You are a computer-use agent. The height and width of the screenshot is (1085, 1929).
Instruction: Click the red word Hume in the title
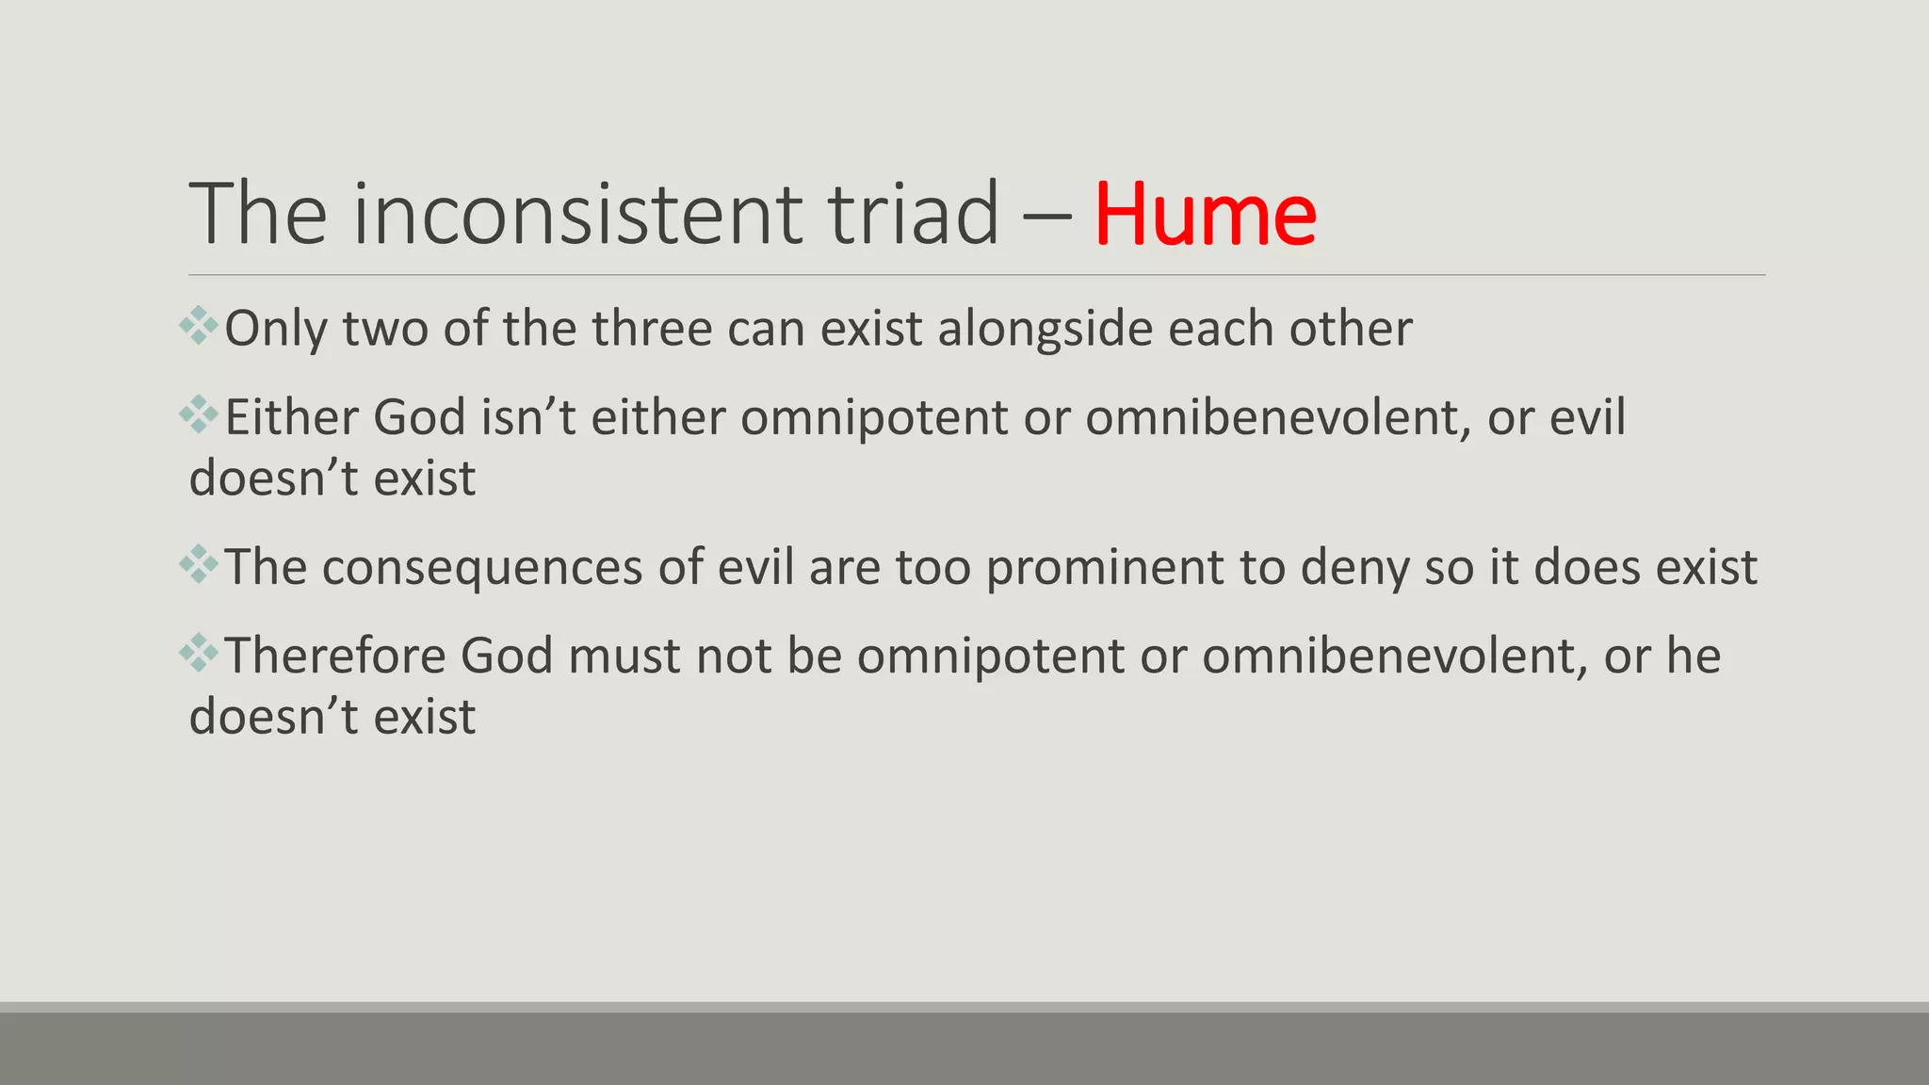pyautogui.click(x=1205, y=215)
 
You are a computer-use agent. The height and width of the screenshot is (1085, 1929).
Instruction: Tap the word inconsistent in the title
pyautogui.click(x=577, y=215)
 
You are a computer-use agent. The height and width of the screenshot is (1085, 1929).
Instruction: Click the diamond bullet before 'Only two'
pyautogui.click(x=199, y=326)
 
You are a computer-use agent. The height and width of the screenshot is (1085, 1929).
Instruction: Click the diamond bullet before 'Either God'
pyautogui.click(x=199, y=414)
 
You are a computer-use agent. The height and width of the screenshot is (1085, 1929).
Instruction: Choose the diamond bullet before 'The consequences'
pyautogui.click(x=199, y=564)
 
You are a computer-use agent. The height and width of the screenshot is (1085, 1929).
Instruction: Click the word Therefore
pyautogui.click(x=334, y=656)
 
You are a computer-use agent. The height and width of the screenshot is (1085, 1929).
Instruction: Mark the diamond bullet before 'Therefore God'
pyautogui.click(x=199, y=653)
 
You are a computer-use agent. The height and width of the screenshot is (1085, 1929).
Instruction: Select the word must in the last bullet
pyautogui.click(x=624, y=656)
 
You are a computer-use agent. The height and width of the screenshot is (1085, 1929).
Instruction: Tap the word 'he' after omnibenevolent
pyautogui.click(x=1694, y=656)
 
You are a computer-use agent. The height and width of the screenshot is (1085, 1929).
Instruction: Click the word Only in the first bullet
pyautogui.click(x=276, y=329)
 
